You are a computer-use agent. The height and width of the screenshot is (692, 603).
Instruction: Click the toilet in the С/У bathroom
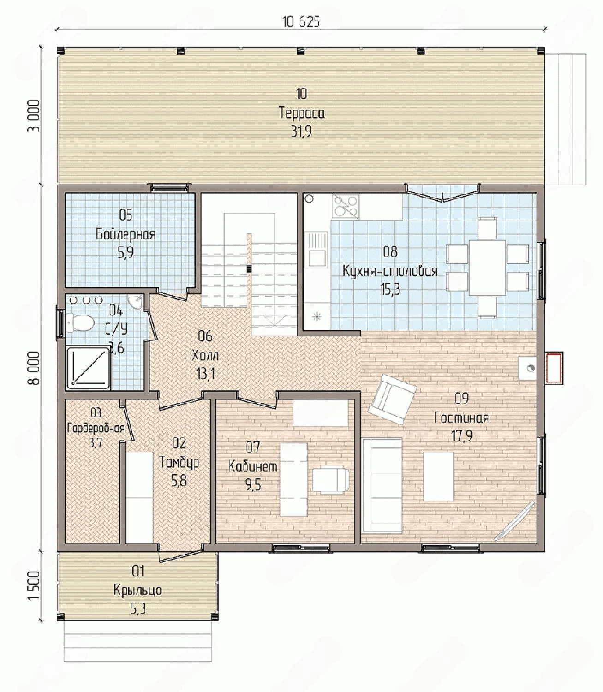79,322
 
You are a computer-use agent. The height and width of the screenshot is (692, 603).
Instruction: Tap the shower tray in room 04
89,367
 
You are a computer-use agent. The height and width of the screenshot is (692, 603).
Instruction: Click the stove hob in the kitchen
346,206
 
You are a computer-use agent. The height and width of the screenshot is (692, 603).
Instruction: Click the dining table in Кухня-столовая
487,267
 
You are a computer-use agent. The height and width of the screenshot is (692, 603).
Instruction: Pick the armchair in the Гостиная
392,399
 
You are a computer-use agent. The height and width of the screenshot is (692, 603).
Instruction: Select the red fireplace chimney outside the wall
554,368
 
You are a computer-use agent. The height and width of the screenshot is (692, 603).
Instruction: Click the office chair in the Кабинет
330,479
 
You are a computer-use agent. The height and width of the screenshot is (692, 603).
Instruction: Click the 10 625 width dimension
301,22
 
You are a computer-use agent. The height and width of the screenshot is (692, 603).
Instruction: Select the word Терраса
302,113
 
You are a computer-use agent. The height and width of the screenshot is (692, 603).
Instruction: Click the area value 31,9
301,131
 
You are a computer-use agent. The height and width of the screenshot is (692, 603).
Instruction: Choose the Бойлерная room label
126,234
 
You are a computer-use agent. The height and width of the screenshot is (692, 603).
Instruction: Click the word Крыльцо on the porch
138,591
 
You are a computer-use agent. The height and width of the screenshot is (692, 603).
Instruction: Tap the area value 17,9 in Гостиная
462,436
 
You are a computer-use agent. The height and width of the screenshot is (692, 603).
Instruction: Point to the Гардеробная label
96,428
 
